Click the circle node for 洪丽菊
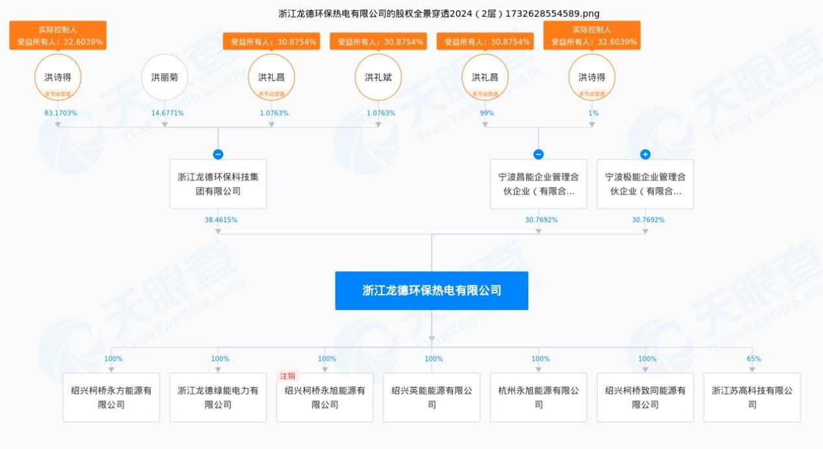click(x=164, y=77)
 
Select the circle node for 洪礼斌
click(x=378, y=77)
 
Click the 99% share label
click(x=486, y=113)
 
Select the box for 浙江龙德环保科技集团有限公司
click(x=218, y=184)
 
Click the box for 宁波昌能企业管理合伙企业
click(x=538, y=184)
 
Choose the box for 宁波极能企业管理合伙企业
click(x=645, y=184)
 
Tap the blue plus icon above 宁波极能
click(x=645, y=154)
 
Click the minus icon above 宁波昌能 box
click(x=538, y=154)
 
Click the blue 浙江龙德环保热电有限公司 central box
click(x=432, y=291)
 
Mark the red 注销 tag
click(x=287, y=376)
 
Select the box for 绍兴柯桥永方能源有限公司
click(x=111, y=398)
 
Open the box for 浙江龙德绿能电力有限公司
click(x=218, y=398)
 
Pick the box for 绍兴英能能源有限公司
click(x=432, y=398)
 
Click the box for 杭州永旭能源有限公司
click(x=538, y=398)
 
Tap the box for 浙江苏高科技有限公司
click(x=752, y=398)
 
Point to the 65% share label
click(x=754, y=359)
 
